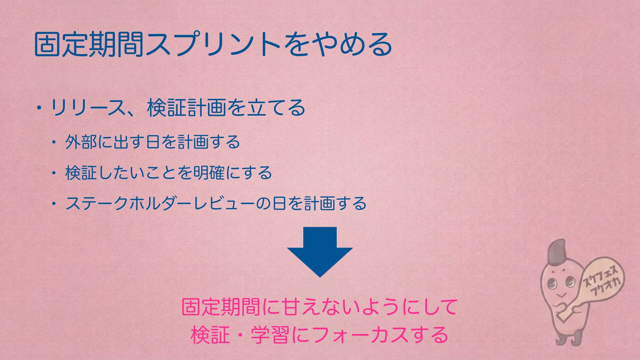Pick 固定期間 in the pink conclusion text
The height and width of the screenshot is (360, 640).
(x=221, y=307)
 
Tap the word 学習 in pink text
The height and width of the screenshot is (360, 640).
(x=270, y=335)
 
